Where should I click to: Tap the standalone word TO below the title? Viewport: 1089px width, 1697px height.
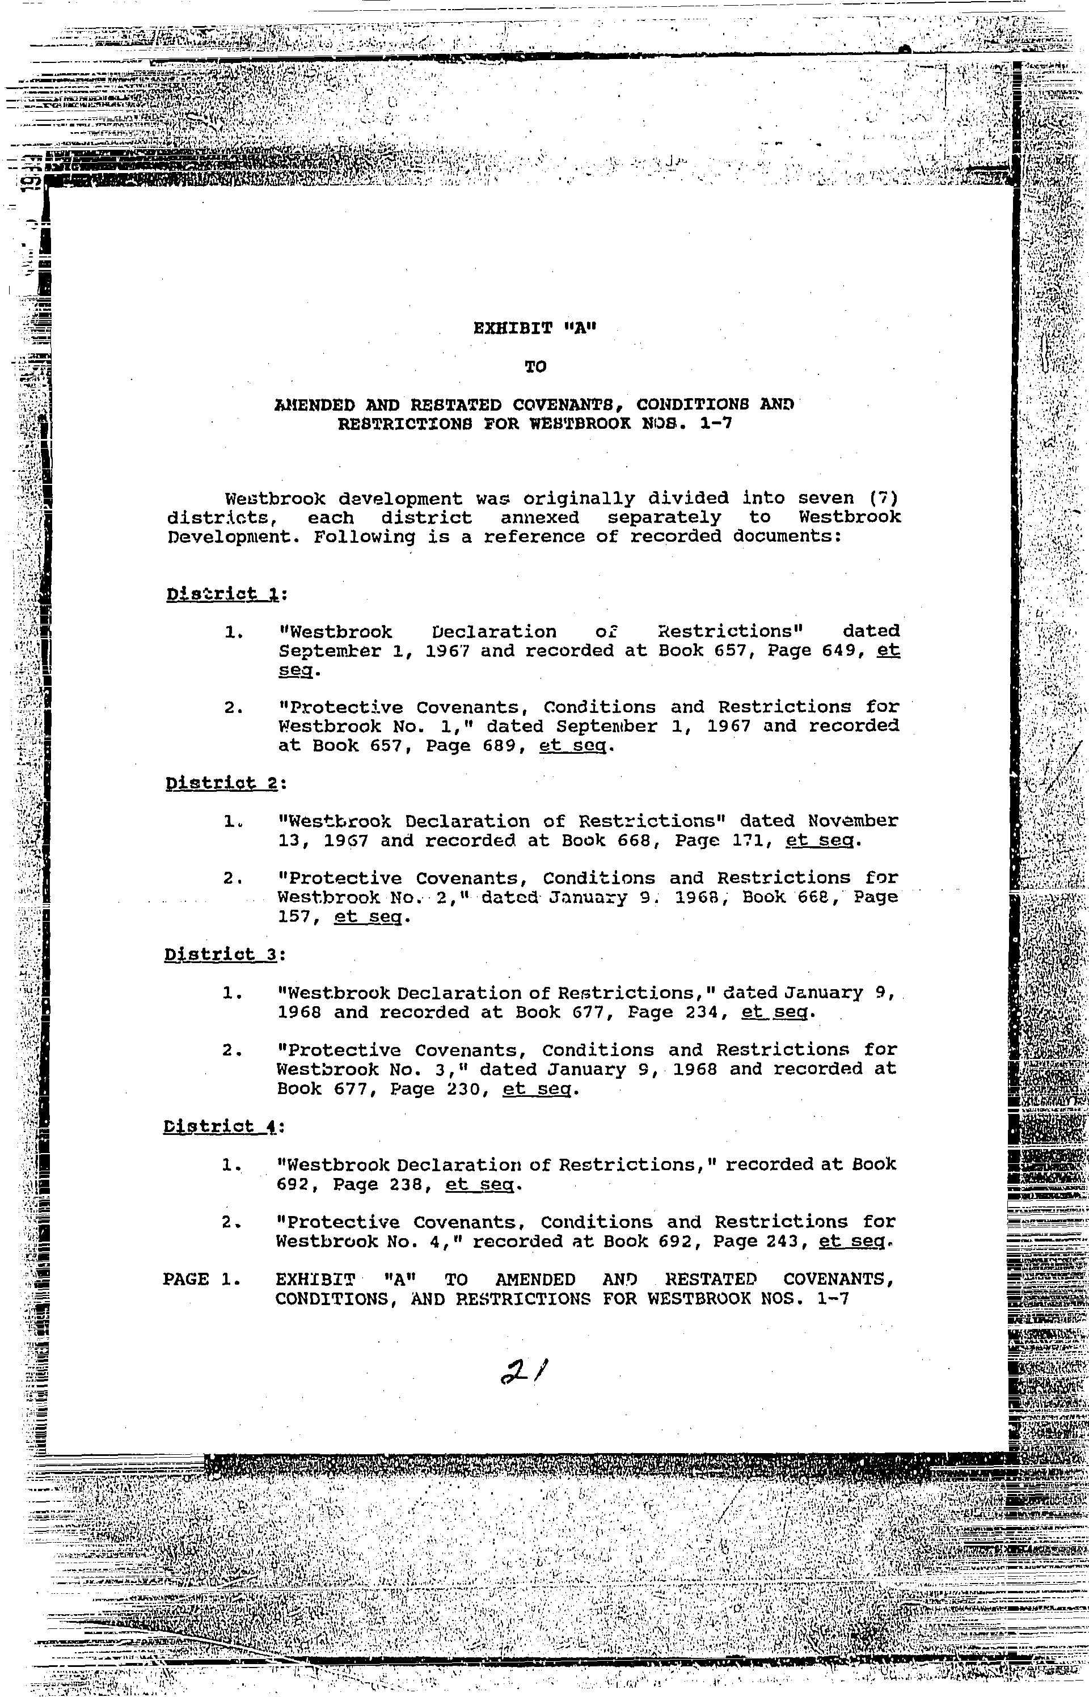coord(535,366)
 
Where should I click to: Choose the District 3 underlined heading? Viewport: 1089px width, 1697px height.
coord(221,955)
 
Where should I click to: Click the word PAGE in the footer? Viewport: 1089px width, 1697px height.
coord(186,1279)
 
